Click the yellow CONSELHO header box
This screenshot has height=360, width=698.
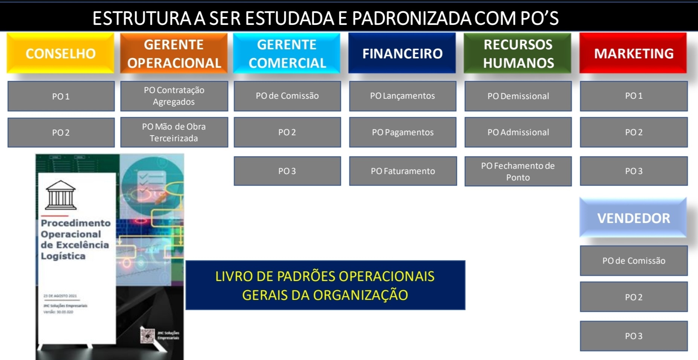pos(60,53)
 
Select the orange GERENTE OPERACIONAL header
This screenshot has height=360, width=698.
pos(174,53)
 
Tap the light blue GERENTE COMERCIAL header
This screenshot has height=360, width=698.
pos(287,53)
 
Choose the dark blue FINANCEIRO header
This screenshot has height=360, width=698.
pos(402,53)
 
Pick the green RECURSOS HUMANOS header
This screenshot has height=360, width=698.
pos(518,53)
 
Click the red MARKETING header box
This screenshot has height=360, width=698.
pos(633,53)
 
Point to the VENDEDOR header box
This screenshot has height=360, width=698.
pos(633,218)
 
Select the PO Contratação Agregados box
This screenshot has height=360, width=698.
pos(174,96)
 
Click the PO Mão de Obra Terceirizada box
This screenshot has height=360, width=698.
pos(174,132)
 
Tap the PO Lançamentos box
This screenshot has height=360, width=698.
pos(402,96)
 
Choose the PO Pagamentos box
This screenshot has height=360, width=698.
pos(402,132)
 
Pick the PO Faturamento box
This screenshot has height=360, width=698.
pos(403,171)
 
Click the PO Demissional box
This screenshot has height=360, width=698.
pos(518,96)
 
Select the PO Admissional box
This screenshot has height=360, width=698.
pos(518,132)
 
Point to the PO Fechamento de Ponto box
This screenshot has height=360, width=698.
pos(518,171)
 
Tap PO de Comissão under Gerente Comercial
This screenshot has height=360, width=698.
pos(287,96)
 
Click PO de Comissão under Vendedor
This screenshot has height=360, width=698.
pos(634,261)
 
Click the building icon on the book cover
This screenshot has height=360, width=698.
pos(61,195)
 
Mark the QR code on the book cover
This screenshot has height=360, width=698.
pos(147,335)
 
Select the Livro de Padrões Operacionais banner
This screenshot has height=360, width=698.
pos(325,285)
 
